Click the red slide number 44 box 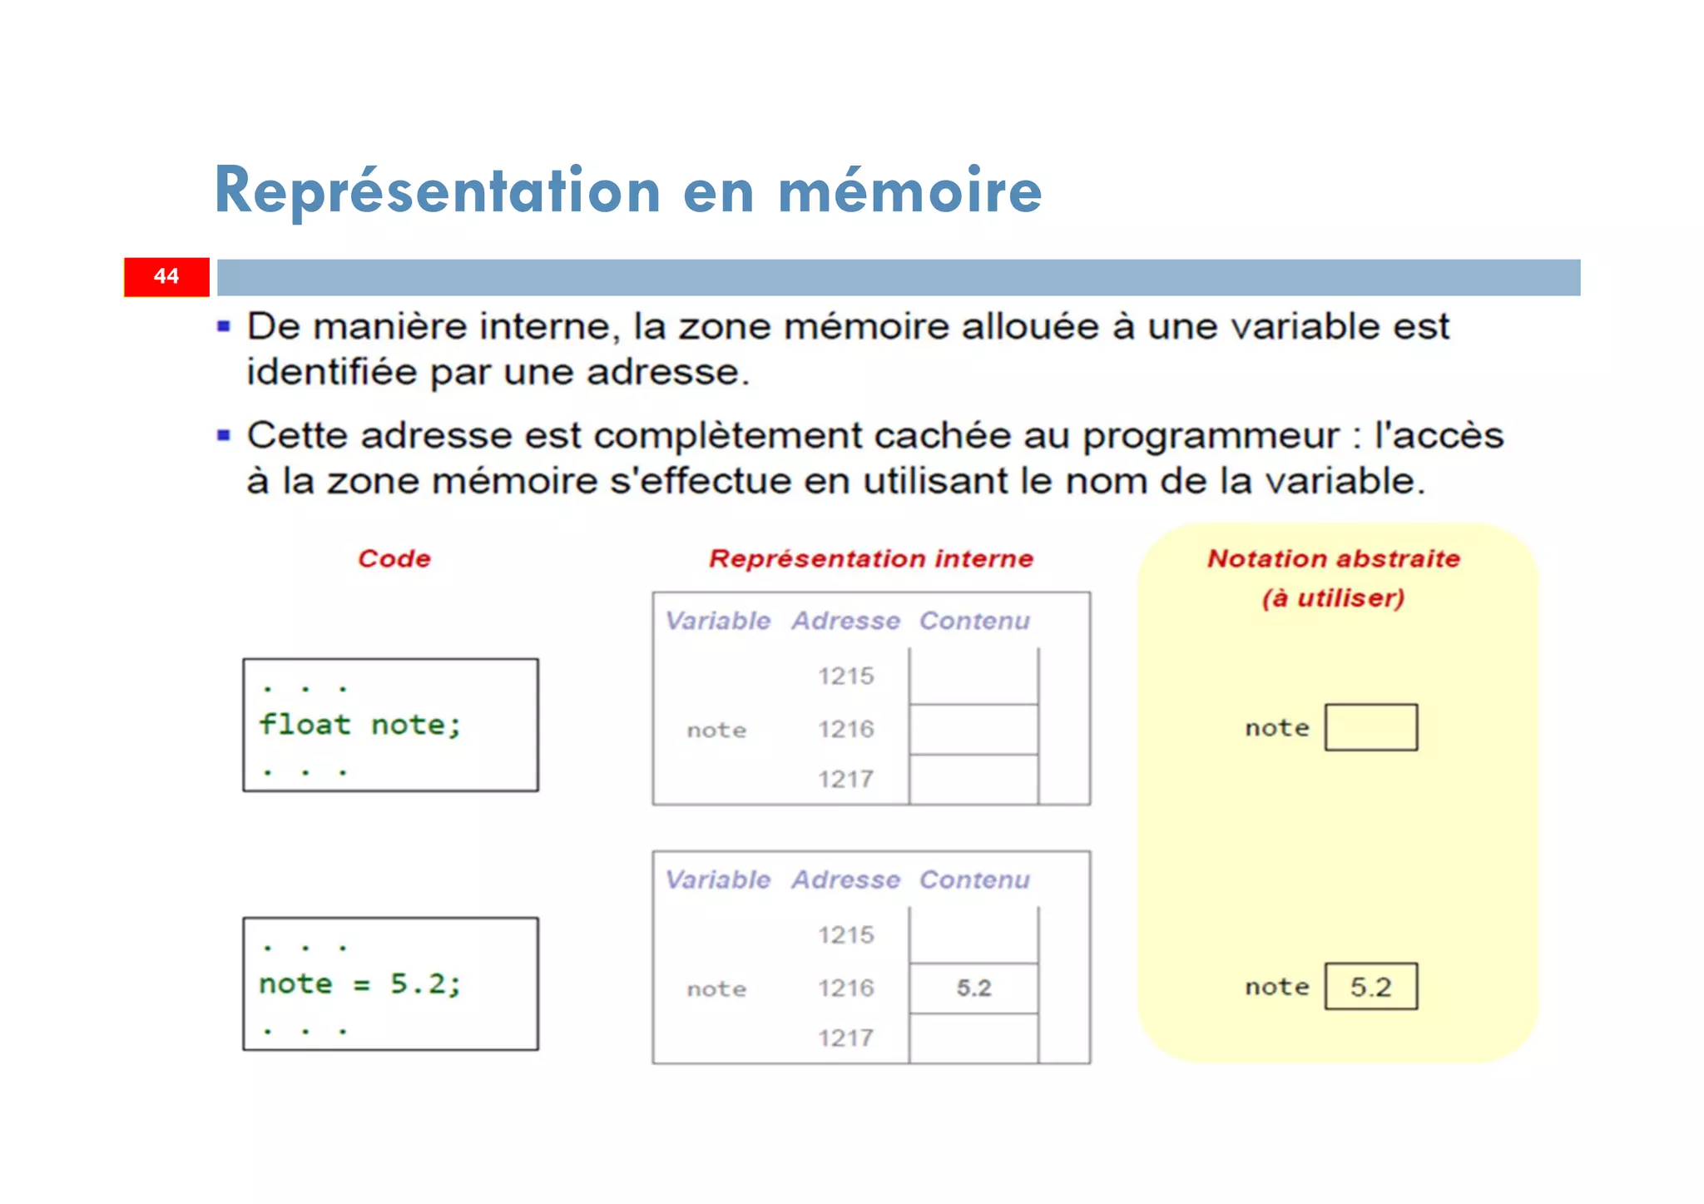coord(166,277)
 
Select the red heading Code coord(394,558)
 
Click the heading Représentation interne coord(870,558)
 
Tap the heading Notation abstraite coord(1333,558)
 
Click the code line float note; coord(359,725)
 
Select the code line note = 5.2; coord(359,984)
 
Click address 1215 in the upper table coord(845,676)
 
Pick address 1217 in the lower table coord(845,1038)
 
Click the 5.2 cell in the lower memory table coord(973,988)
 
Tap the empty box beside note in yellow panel coord(1370,728)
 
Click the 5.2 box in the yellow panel coord(1370,987)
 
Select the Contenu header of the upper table coord(974,621)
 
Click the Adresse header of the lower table coord(845,879)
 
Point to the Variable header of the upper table coord(718,621)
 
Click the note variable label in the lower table coord(716,989)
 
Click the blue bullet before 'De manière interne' coord(224,327)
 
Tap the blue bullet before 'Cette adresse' coord(224,435)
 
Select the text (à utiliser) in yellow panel coord(1333,598)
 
